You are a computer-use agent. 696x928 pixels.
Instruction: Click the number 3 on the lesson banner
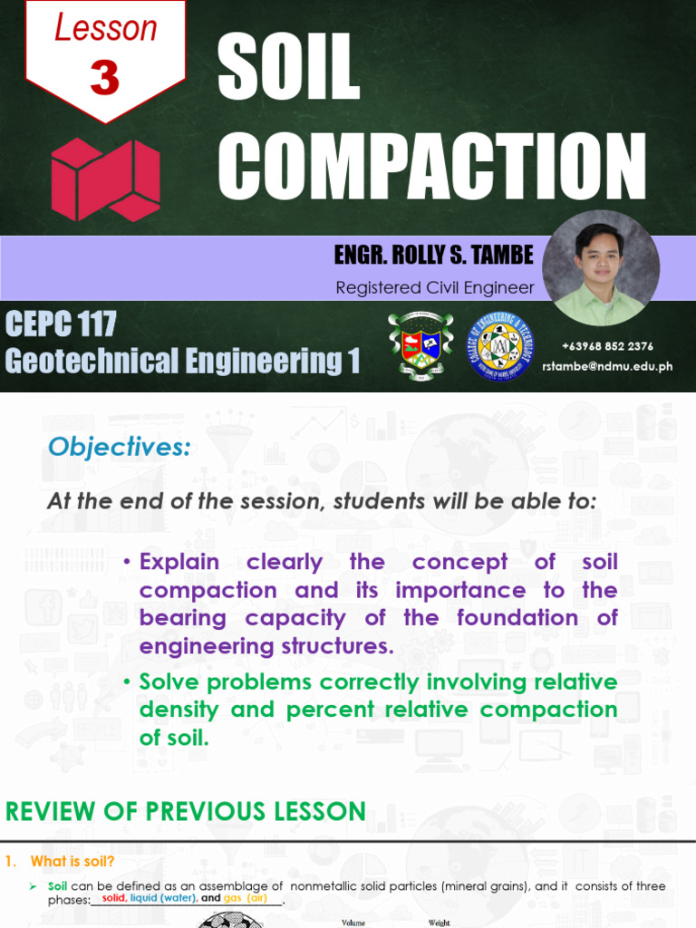(105, 78)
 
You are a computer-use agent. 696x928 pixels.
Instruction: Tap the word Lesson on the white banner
(105, 27)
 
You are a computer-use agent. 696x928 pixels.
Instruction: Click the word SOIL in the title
(288, 71)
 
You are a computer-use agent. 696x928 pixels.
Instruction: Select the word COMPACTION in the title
(432, 167)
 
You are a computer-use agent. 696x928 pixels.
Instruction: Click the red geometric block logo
(105, 179)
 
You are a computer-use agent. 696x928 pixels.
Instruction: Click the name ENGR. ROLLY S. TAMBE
(434, 256)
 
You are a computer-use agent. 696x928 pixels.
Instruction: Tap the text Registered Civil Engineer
(435, 288)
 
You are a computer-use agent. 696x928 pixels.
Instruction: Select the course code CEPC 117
(61, 324)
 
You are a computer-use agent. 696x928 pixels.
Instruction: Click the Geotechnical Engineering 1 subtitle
(182, 361)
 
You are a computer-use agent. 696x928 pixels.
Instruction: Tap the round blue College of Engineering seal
(500, 345)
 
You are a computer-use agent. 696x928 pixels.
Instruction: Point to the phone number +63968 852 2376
(606, 346)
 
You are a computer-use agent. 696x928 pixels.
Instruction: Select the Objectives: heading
(119, 447)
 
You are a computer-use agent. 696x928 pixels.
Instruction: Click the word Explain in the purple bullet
(179, 562)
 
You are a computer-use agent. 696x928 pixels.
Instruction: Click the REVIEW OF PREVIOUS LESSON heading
(186, 811)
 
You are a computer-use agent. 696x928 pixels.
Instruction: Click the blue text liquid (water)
(163, 898)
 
